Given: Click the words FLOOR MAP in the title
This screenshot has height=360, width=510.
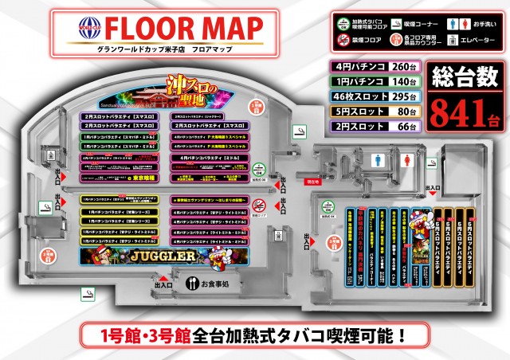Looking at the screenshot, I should [x=184, y=29].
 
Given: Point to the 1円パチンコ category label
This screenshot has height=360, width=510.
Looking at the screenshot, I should [x=356, y=81].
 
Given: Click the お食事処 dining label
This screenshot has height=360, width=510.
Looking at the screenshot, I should [x=214, y=283].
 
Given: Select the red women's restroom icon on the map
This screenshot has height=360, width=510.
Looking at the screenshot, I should [x=408, y=158].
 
